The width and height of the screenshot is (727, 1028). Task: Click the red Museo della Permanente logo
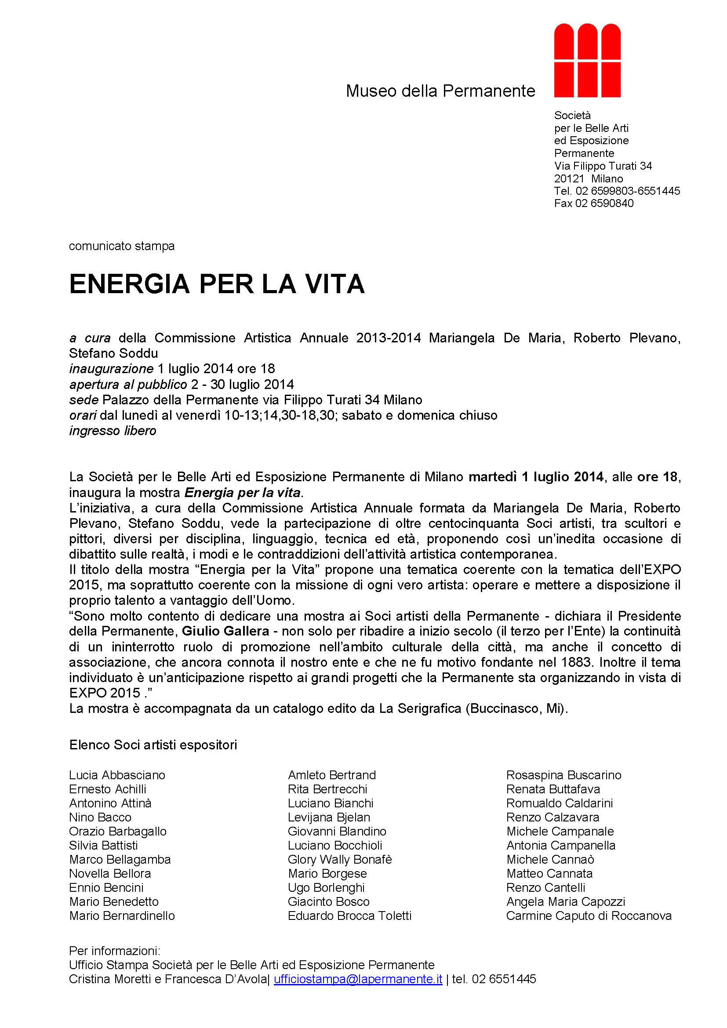[587, 61]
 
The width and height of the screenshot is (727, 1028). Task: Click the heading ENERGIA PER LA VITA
[217, 284]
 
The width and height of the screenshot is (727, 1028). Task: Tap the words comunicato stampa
[122, 246]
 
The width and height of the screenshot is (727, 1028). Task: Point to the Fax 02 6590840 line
[593, 203]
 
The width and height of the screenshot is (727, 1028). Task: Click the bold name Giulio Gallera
[225, 631]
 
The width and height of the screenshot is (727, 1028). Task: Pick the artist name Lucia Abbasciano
[117, 775]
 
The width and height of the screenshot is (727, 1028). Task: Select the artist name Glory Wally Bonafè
[339, 860]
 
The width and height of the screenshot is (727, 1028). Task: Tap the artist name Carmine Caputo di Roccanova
[589, 916]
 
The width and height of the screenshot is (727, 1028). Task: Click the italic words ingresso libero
[113, 431]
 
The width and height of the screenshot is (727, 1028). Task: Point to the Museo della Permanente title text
[440, 91]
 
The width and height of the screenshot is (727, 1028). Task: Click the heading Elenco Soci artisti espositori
[153, 745]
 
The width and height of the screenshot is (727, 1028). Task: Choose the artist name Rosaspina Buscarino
[563, 775]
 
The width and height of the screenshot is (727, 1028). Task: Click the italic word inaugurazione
[111, 369]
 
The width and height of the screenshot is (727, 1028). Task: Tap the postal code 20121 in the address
[569, 178]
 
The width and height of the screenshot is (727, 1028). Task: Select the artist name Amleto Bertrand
[332, 775]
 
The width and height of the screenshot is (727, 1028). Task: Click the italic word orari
[83, 415]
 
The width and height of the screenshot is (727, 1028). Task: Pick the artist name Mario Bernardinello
[122, 916]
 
